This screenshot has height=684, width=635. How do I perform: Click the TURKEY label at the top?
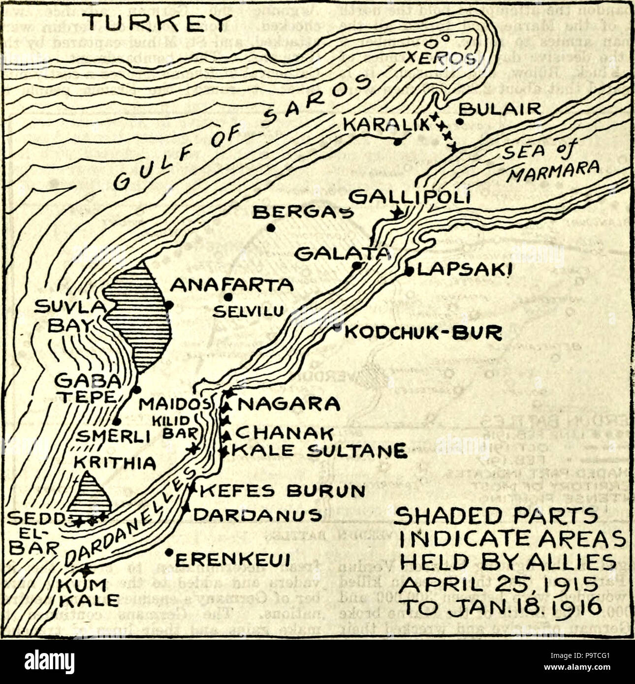pyautogui.click(x=157, y=23)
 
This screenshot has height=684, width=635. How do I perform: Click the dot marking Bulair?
pyautogui.click(x=460, y=121)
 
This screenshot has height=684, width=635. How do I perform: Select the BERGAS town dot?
pyautogui.click(x=270, y=228)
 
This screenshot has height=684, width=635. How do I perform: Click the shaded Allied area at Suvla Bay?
pyautogui.click(x=140, y=320)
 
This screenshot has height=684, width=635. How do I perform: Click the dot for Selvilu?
pyautogui.click(x=227, y=297)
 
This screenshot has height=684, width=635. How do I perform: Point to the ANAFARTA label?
pyautogui.click(x=231, y=284)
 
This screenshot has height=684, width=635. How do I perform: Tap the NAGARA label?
pyautogui.click(x=289, y=404)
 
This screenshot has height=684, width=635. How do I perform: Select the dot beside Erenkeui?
pyautogui.click(x=168, y=552)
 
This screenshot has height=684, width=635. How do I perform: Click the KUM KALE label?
pyautogui.click(x=88, y=592)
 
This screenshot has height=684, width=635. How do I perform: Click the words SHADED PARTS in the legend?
pyautogui.click(x=497, y=516)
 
